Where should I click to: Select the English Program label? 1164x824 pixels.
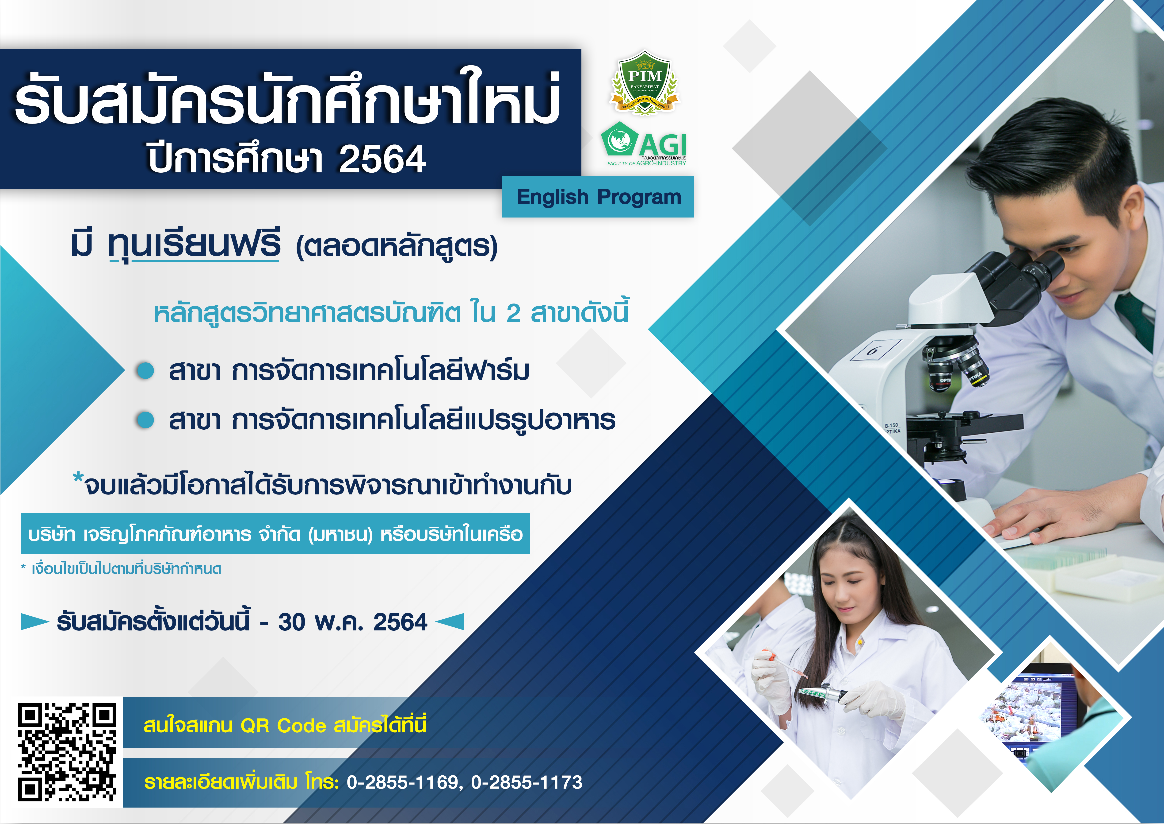[598, 197]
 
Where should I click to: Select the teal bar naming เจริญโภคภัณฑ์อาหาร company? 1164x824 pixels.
[275, 534]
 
